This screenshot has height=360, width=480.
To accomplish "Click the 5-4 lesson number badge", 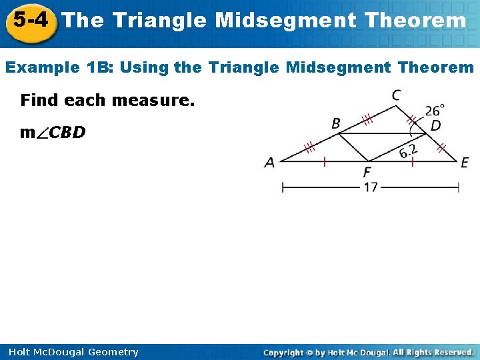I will pyautogui.click(x=29, y=21).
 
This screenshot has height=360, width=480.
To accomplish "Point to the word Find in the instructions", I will pyautogui.click(x=39, y=101).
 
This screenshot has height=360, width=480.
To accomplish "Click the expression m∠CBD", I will pyautogui.click(x=53, y=133).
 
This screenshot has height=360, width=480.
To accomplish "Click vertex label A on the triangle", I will pyautogui.click(x=269, y=163).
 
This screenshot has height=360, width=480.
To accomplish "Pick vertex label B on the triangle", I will pyautogui.click(x=336, y=123).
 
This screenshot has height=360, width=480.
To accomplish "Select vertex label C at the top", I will pyautogui.click(x=395, y=96).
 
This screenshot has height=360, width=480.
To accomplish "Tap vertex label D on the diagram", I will pyautogui.click(x=435, y=125).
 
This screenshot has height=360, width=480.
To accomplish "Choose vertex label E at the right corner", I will pyautogui.click(x=465, y=163).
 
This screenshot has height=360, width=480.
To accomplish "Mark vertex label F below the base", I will pyautogui.click(x=368, y=173).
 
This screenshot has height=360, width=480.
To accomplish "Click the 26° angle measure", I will pyautogui.click(x=435, y=110).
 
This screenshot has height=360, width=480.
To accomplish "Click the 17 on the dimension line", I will pyautogui.click(x=371, y=188).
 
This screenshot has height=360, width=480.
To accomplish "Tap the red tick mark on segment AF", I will pyautogui.click(x=324, y=161).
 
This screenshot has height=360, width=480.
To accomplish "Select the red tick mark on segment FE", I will pyautogui.click(x=413, y=161).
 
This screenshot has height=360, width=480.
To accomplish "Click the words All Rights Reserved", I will pyautogui.click(x=433, y=352).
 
